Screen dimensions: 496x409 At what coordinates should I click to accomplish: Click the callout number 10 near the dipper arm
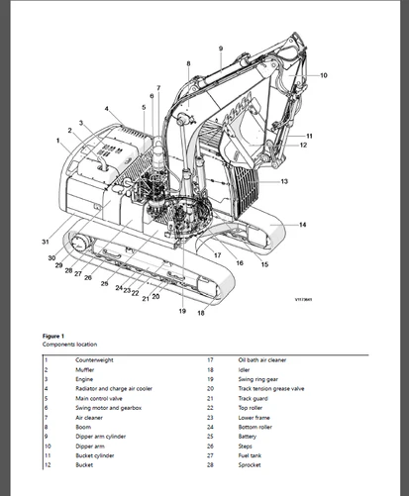(323, 75)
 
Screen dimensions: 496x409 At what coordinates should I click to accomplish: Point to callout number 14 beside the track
(302, 225)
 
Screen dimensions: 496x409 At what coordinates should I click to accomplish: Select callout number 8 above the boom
(188, 63)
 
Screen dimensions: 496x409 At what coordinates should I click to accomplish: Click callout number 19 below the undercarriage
(182, 311)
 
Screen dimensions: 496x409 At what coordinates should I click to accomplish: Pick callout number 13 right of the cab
(284, 181)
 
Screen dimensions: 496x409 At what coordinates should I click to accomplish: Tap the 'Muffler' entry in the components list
(85, 369)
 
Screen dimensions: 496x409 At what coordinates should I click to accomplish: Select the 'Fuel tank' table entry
(249, 454)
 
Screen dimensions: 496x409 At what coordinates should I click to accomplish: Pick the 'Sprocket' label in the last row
(248, 464)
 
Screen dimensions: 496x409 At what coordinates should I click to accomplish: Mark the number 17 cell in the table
(210, 360)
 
